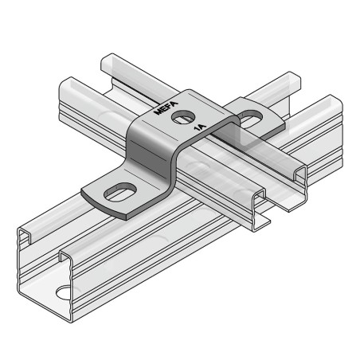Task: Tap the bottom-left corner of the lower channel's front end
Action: click(x=19, y=295)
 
